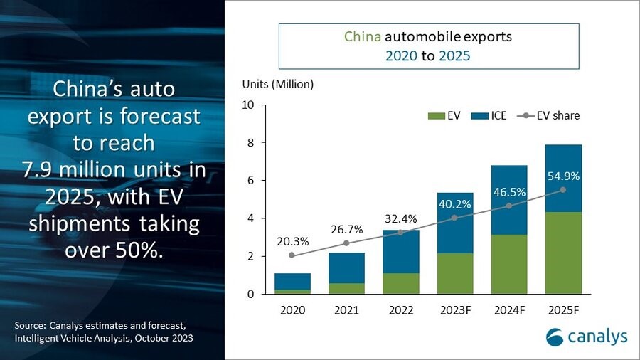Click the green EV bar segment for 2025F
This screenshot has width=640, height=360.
point(564,253)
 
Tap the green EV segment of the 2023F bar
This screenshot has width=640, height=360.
point(455,273)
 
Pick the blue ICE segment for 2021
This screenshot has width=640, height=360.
point(346,268)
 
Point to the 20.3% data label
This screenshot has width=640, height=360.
point(291,240)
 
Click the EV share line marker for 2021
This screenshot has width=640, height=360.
point(346,243)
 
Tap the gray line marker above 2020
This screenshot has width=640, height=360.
point(292,255)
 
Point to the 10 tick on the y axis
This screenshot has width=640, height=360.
point(248,105)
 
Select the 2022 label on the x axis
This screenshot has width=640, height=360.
point(400,309)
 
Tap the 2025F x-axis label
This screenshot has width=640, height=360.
point(564,309)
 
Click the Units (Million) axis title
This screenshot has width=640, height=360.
point(277,84)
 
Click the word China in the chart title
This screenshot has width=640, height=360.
point(361,36)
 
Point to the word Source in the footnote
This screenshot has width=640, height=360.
point(31,325)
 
